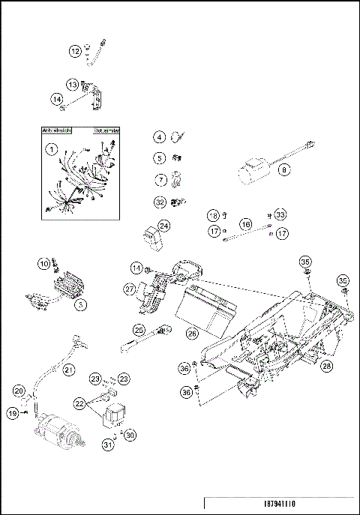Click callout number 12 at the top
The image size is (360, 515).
coord(75,51)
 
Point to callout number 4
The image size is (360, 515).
coord(160,137)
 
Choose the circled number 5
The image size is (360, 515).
coord(160,158)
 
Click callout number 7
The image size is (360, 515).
coord(160,180)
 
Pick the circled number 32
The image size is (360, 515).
coord(160,202)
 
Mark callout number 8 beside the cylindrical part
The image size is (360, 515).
coord(283,170)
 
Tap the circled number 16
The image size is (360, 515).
coord(244,224)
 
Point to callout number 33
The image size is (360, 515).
coord(280,214)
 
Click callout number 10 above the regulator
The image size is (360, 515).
coord(44,263)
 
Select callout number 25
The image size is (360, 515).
coord(139,329)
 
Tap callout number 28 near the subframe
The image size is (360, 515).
coord(327,367)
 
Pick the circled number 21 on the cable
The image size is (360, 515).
coord(68,370)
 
